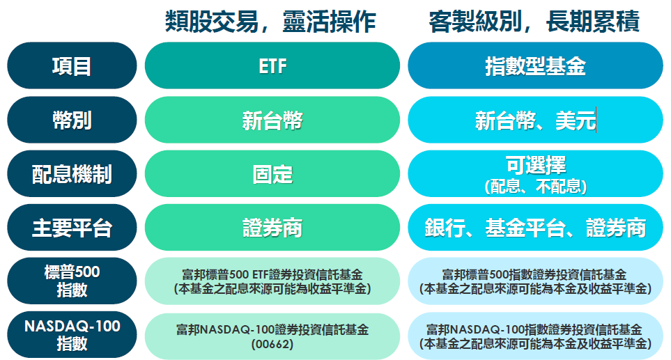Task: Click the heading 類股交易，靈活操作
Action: click(x=270, y=22)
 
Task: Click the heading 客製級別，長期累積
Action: click(x=534, y=22)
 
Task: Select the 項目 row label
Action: click(x=72, y=65)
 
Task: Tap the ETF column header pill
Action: click(x=272, y=65)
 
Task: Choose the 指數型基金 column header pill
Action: click(x=535, y=65)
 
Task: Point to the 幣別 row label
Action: click(x=72, y=120)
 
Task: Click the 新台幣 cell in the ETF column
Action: click(x=272, y=120)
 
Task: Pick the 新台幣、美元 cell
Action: click(x=535, y=120)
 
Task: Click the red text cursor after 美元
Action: click(x=596, y=120)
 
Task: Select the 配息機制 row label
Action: click(x=72, y=173)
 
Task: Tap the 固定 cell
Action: click(x=272, y=173)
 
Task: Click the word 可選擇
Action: click(x=536, y=165)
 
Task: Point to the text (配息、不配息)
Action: click(x=536, y=186)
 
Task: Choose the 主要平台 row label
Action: click(x=72, y=228)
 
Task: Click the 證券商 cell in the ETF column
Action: click(x=272, y=228)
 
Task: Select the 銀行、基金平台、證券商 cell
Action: click(x=535, y=228)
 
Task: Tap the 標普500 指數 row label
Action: click(x=72, y=281)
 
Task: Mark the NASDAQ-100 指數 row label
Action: click(x=72, y=335)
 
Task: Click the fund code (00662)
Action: click(x=272, y=344)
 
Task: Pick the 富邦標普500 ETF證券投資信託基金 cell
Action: click(x=272, y=281)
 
